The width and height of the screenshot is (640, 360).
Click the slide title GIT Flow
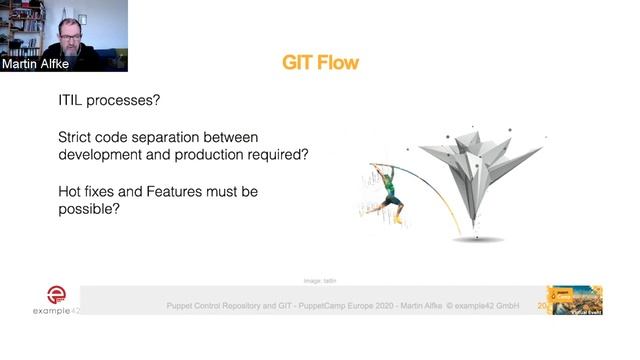pyautogui.click(x=320, y=64)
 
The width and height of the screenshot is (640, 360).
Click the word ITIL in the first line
pyautogui.click(x=74, y=101)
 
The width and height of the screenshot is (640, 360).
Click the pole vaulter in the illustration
pyautogui.click(x=386, y=190)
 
